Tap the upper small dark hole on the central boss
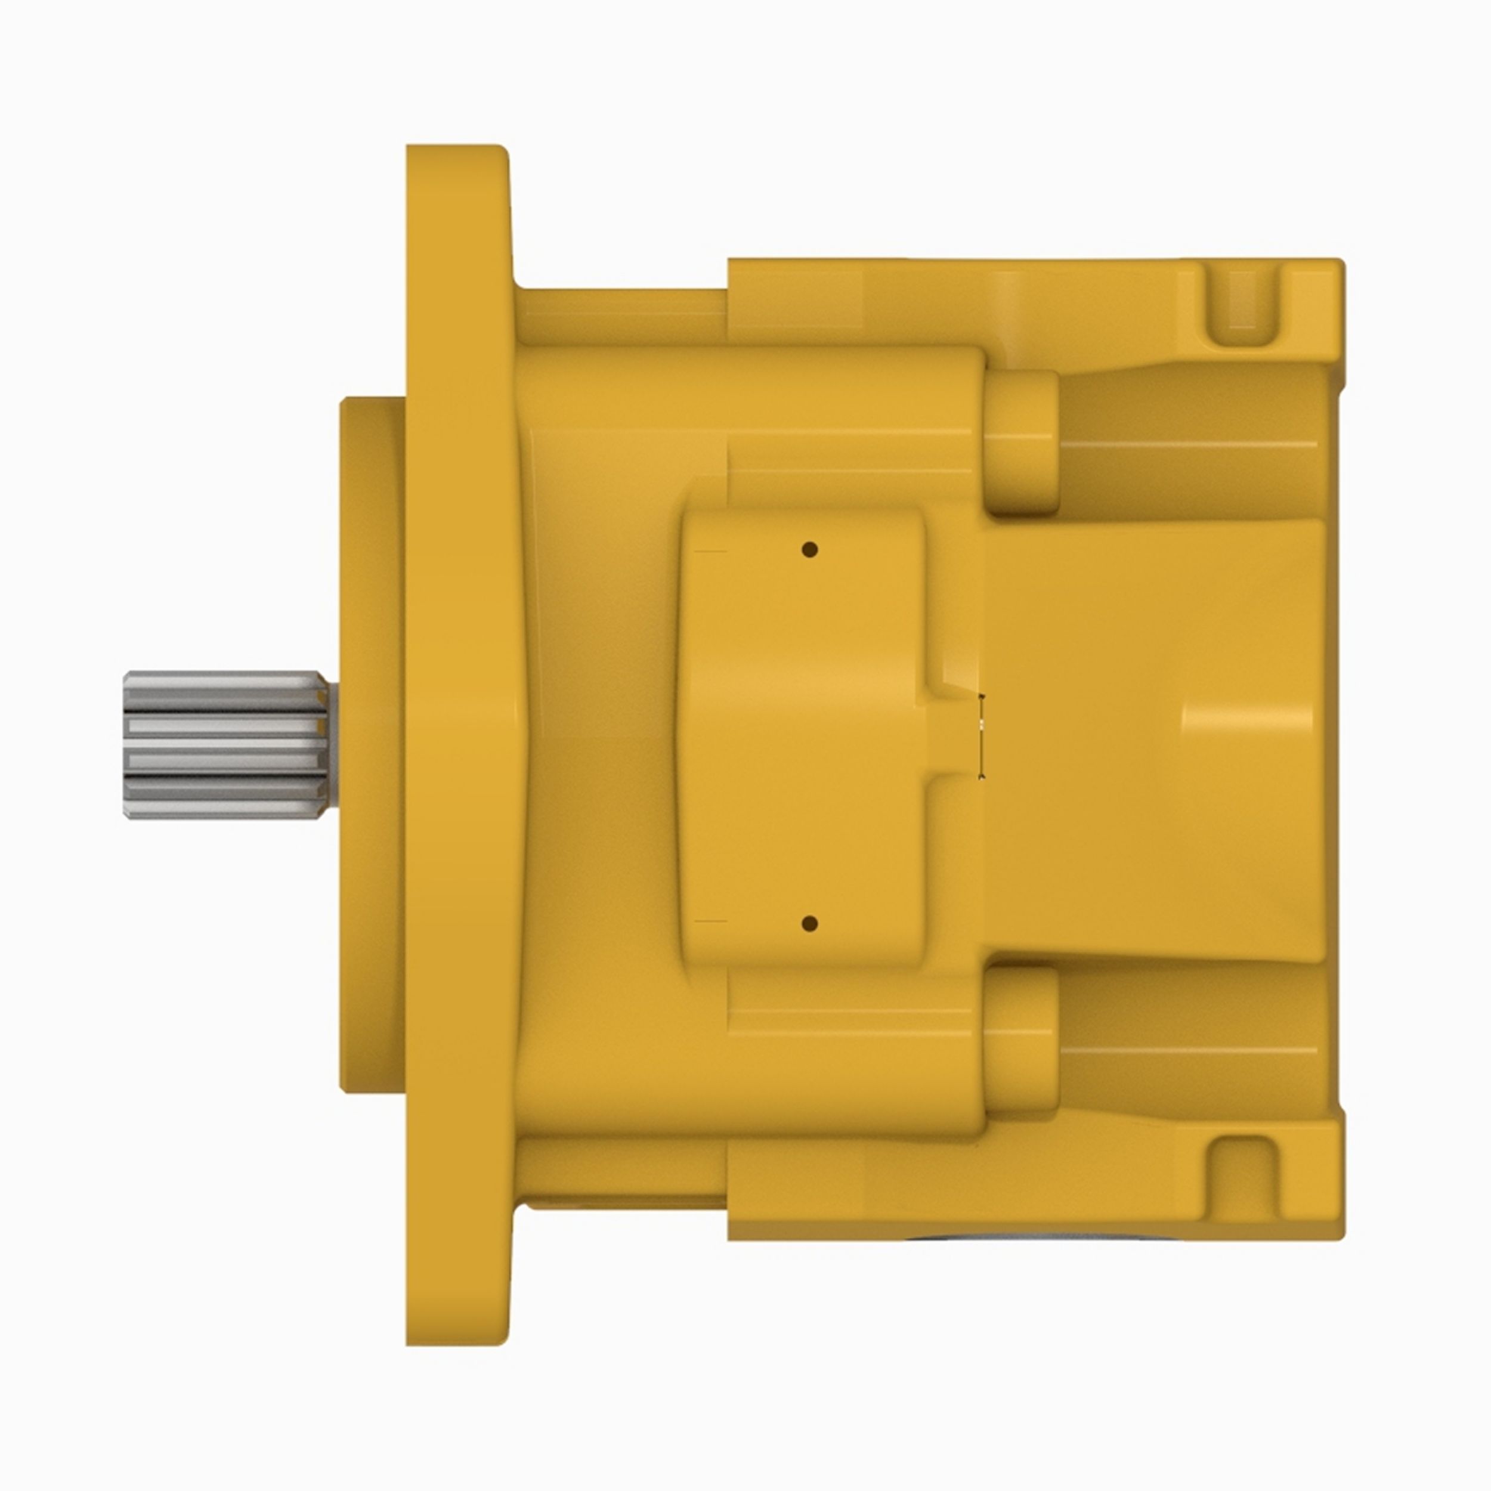pyautogui.click(x=809, y=550)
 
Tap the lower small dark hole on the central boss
pyautogui.click(x=809, y=923)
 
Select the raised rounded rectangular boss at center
pyautogui.click(x=803, y=737)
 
